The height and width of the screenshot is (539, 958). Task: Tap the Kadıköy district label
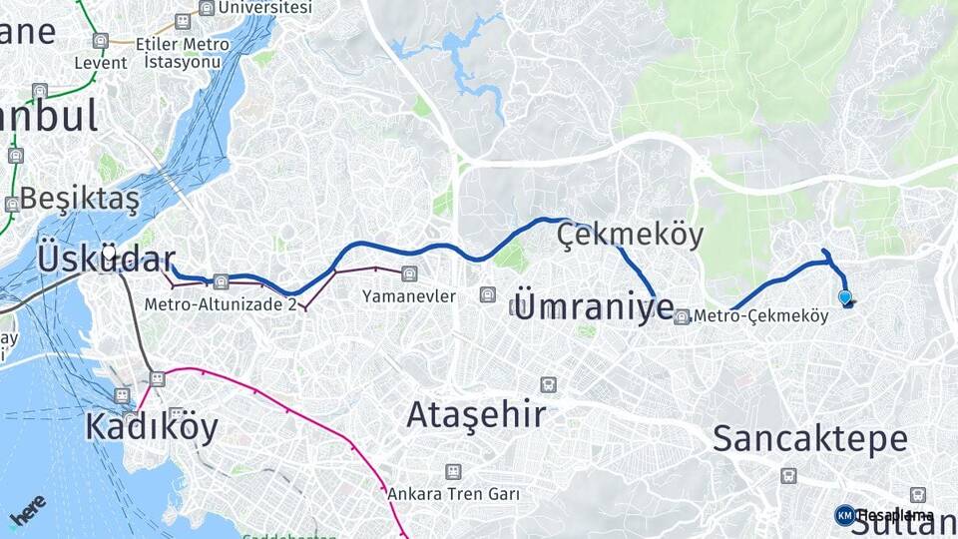151,426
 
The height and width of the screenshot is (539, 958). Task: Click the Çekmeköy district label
631,236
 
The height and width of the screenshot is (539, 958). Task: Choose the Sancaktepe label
810,438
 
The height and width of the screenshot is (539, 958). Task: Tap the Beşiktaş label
80,198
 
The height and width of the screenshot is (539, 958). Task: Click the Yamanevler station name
409,296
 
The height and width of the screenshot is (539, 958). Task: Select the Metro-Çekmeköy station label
760,316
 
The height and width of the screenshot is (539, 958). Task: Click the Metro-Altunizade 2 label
221,303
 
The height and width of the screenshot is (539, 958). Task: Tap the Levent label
101,63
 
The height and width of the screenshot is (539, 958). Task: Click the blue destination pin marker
845,296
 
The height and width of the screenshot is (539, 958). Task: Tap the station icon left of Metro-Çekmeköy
682,317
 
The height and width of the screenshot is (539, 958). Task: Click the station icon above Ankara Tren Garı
454,471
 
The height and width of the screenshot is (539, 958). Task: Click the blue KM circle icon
844,515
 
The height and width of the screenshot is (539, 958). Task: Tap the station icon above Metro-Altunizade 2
221,281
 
